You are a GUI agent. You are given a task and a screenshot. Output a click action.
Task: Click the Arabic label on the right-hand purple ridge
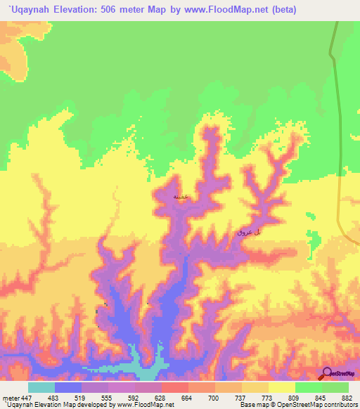point(249,231)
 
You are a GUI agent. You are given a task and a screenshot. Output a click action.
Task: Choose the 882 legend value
point(347,398)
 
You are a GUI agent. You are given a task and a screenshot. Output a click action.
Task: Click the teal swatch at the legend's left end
point(41,387)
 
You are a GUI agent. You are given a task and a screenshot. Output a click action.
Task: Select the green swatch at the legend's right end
point(335,387)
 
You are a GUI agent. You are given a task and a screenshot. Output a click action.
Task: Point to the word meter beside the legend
point(10,398)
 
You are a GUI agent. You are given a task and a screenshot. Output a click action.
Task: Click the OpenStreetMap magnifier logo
point(326,375)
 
